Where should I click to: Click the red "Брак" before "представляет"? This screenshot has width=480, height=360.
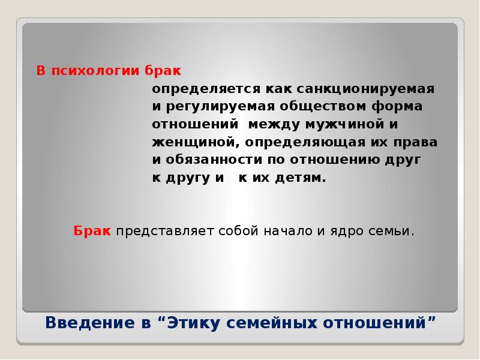pyautogui.click(x=92, y=231)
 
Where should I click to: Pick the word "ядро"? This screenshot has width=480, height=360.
pyautogui.click(x=340, y=231)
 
